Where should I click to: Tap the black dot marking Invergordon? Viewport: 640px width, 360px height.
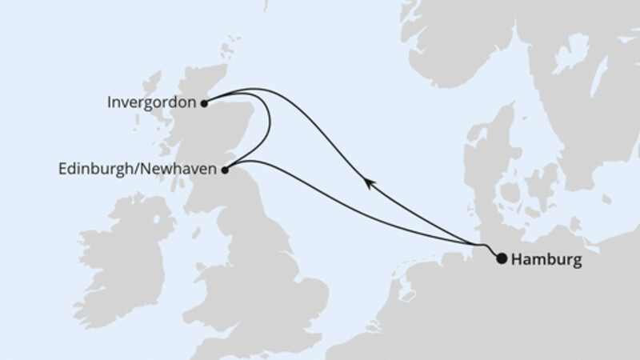(205, 102)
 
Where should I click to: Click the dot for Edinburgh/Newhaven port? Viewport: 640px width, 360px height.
(225, 169)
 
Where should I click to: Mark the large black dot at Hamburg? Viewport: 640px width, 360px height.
(502, 258)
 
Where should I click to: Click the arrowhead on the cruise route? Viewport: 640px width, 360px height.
(368, 183)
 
